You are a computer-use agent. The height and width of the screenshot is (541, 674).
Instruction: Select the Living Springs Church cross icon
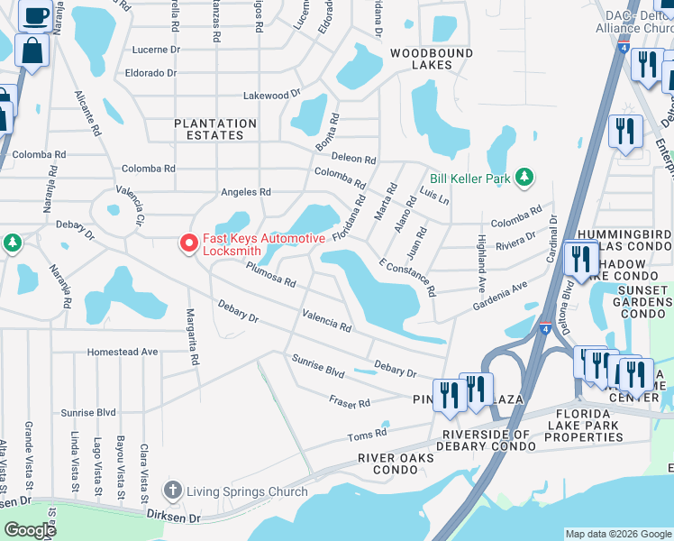coord(173,491)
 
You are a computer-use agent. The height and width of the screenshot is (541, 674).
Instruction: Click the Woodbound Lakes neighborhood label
coord(431,60)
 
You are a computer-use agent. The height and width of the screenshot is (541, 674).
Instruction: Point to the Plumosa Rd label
coord(271,274)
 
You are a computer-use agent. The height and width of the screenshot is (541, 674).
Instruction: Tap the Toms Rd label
coord(367,436)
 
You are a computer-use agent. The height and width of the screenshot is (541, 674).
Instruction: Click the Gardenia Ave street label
coord(500,298)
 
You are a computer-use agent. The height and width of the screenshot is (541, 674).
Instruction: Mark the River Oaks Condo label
coord(395,463)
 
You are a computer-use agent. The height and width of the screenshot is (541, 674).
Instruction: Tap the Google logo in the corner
coord(31,530)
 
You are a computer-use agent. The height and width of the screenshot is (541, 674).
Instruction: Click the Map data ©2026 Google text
coord(617,534)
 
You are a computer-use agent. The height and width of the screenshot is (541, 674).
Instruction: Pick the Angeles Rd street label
coord(246,192)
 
